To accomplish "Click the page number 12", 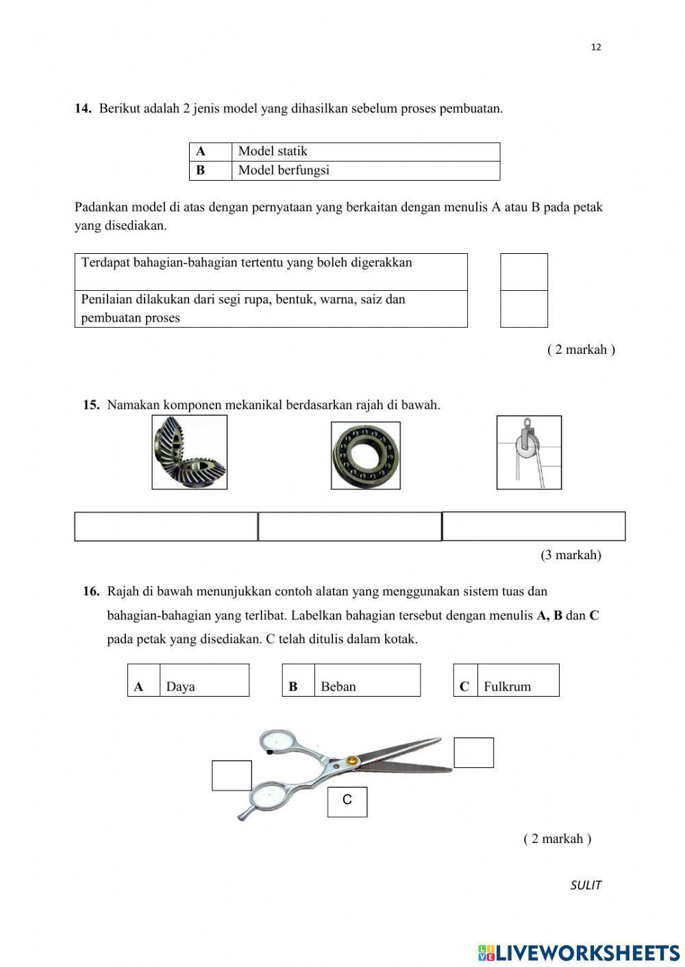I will pos(595,47).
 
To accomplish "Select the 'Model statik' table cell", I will pos(365,151).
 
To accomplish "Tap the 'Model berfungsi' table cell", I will pos(365,170).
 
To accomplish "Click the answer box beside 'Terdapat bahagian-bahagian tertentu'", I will pos(524,272).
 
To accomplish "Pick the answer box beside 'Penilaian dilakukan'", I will pos(524,309).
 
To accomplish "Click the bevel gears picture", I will pos(189,452).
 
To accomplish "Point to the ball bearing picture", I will pos(365,455).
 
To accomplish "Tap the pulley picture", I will pos(529,452).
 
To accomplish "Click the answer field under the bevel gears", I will pos(166,526).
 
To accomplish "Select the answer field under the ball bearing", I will pos(349,526).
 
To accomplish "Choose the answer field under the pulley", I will pos(534,526).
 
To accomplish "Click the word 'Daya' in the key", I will pos(181,686).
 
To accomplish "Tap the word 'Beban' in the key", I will pos(338,686).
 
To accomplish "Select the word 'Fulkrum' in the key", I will pos(507,686).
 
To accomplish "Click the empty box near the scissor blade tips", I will pos(473,752).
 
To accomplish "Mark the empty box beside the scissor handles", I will pos(232,775).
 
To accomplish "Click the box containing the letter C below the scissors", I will pos(347,801).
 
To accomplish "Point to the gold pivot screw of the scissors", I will pos(351,760).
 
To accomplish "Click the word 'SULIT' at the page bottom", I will pos(586,885).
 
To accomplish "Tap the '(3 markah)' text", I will pos(571,555).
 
